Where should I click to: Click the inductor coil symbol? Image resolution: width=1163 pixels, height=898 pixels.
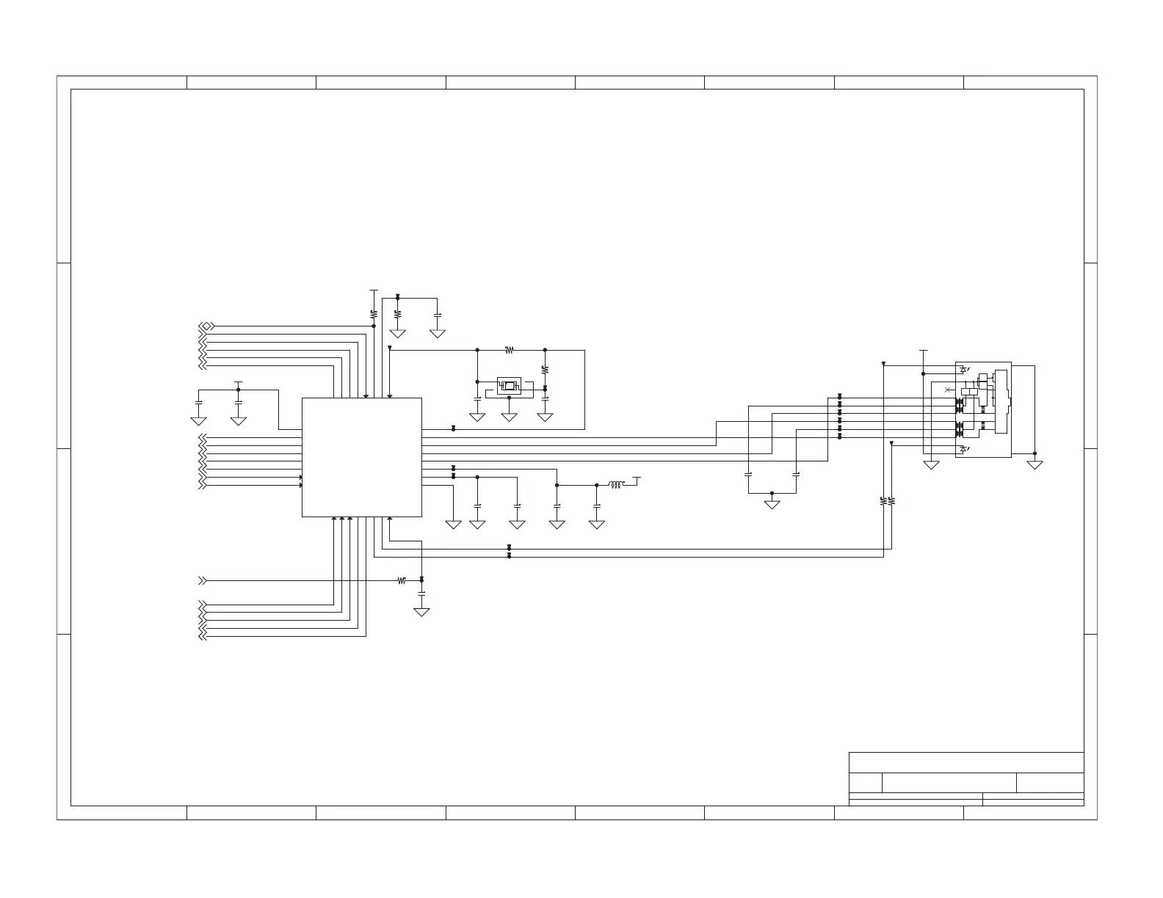pos(616,484)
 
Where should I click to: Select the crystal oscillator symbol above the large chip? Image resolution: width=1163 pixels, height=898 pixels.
pos(508,385)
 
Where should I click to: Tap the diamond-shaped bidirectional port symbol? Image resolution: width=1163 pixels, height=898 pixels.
pos(208,326)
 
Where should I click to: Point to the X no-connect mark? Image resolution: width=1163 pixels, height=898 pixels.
pos(947,389)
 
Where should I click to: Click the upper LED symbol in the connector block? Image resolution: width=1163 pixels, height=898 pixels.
pos(963,370)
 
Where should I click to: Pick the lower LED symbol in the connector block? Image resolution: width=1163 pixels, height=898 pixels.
pos(963,448)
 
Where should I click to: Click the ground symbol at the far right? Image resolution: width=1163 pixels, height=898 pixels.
pos(1035,464)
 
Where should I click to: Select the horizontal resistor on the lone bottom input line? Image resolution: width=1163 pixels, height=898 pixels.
pos(401,580)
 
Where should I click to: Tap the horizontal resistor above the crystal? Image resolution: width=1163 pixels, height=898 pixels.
pos(509,350)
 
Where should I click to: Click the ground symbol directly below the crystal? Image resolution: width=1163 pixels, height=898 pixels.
pos(509,417)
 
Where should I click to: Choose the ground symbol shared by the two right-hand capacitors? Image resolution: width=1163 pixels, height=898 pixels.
pos(772,505)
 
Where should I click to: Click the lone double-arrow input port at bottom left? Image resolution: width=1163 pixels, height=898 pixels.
pos(203,580)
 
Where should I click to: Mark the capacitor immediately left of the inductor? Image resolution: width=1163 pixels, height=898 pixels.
pos(597,505)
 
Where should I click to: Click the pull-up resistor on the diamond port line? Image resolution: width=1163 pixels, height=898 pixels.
pos(374,313)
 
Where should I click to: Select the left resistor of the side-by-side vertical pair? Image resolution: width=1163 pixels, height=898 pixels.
pos(883,501)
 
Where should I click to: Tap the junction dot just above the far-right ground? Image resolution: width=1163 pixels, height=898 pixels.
pos(1035,453)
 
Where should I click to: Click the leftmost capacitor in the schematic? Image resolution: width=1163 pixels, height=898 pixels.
pos(198,403)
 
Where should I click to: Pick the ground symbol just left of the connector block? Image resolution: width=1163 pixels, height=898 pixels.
pos(931,464)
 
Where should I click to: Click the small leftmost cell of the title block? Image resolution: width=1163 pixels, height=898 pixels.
pos(865,783)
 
